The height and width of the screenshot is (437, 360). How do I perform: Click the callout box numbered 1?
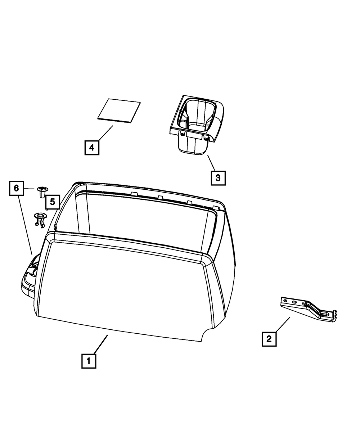point(89,361)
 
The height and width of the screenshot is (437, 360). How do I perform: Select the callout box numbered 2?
point(269,339)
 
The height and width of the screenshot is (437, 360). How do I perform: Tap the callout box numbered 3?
point(218,178)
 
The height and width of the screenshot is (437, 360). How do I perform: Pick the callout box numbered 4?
point(92,148)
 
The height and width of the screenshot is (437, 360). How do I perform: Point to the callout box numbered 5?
point(53,202)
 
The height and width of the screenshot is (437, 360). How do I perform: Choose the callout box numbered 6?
point(16,188)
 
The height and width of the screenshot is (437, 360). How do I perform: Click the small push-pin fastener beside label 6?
point(42,192)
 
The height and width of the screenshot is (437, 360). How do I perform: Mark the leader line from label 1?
point(101,344)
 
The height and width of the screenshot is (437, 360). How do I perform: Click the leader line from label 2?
point(283,325)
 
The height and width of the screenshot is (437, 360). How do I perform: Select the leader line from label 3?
point(212,163)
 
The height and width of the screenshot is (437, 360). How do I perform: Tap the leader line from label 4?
point(105,133)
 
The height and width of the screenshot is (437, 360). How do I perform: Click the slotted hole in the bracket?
point(323,314)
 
